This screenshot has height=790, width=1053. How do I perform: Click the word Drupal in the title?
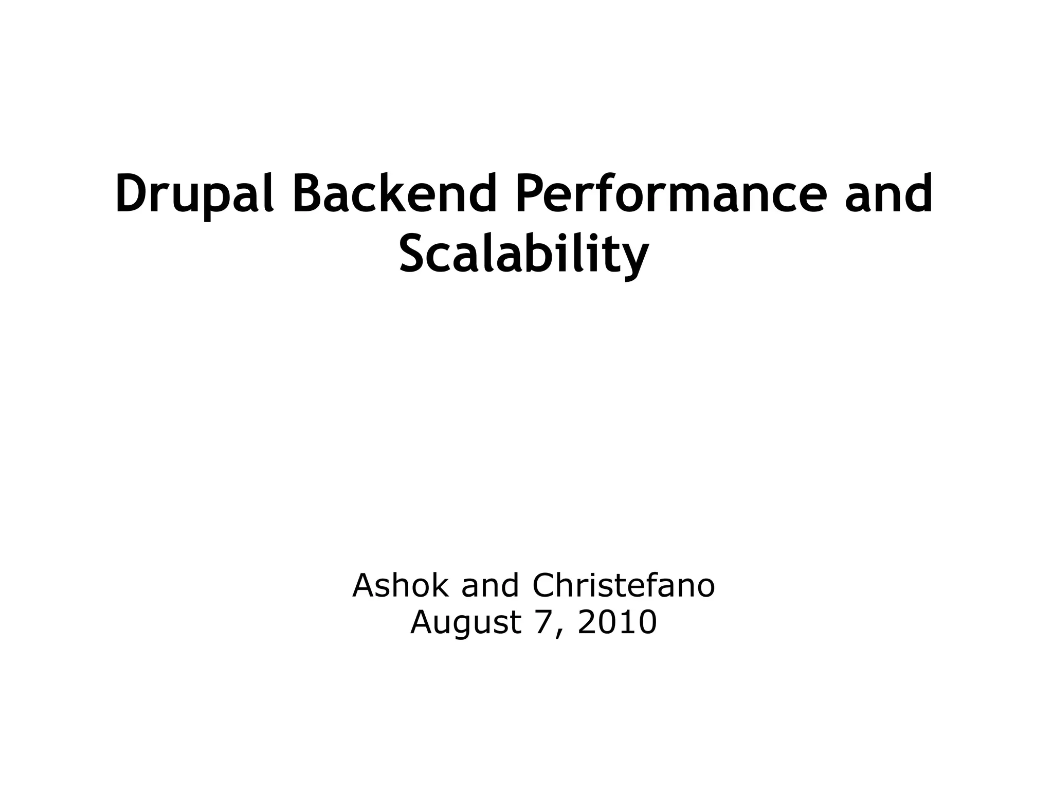coord(194,194)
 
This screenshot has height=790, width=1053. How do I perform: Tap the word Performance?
coord(671,194)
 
